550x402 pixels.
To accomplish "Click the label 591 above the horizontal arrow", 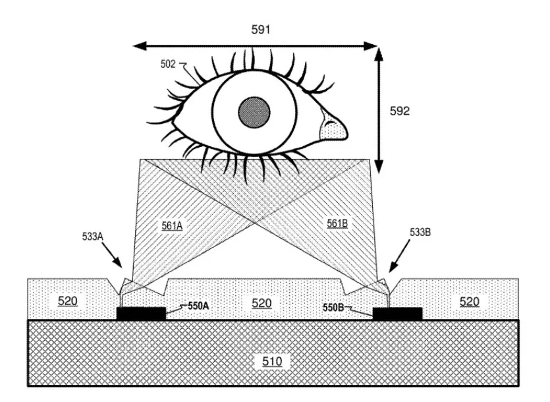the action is click(x=261, y=30).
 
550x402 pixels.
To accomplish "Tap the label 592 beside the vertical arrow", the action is click(x=400, y=111).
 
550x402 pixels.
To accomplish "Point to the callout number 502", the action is click(x=168, y=64).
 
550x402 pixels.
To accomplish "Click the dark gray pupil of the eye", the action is click(x=254, y=112).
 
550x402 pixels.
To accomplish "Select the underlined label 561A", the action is click(x=172, y=226).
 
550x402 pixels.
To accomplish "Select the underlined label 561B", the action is click(x=337, y=223).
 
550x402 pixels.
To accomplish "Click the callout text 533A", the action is click(x=93, y=237).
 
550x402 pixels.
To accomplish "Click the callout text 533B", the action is click(x=420, y=232).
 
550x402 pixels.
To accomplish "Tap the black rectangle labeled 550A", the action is click(x=141, y=314).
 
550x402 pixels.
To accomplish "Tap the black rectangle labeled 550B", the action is click(x=397, y=314).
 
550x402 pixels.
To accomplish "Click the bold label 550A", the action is click(x=198, y=306).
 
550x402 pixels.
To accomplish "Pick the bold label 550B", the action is click(x=333, y=308).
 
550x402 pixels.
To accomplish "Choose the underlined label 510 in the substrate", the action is click(x=272, y=361).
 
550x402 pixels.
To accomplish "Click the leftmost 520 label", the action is click(x=67, y=301).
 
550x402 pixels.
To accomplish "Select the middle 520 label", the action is click(x=261, y=303).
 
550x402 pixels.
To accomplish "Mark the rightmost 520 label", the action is click(x=470, y=302).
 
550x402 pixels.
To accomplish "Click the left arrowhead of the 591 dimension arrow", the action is click(x=140, y=45).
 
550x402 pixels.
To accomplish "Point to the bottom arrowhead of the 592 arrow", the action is click(x=379, y=166).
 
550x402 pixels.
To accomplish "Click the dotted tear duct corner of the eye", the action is click(x=333, y=127).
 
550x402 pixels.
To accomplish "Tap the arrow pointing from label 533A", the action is click(x=111, y=255).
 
